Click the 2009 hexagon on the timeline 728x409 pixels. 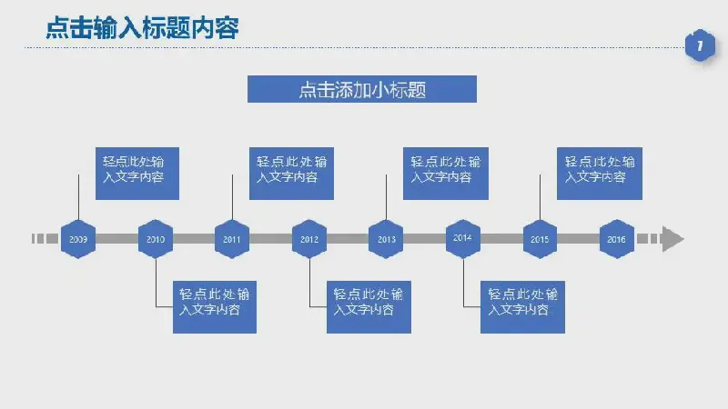point(78,239)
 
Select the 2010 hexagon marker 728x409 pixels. point(156,239)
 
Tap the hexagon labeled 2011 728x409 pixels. point(232,239)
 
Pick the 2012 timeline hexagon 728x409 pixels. point(309,239)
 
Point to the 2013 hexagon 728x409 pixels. point(386,239)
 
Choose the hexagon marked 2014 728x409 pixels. point(463,239)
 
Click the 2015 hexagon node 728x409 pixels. point(540,239)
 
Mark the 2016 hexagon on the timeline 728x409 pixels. point(617,239)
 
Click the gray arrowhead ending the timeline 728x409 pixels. point(672,239)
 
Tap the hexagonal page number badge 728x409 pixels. point(700,45)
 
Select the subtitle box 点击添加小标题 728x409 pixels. point(362,89)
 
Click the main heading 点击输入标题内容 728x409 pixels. point(142,28)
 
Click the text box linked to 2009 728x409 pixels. point(137,174)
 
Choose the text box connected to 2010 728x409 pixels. point(215,307)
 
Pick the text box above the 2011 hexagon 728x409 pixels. point(291,174)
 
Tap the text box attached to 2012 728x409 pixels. point(369,307)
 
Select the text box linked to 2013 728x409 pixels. point(446,174)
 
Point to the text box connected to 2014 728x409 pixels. point(522,307)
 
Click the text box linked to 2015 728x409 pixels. point(600,174)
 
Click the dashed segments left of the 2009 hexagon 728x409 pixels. point(45,239)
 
